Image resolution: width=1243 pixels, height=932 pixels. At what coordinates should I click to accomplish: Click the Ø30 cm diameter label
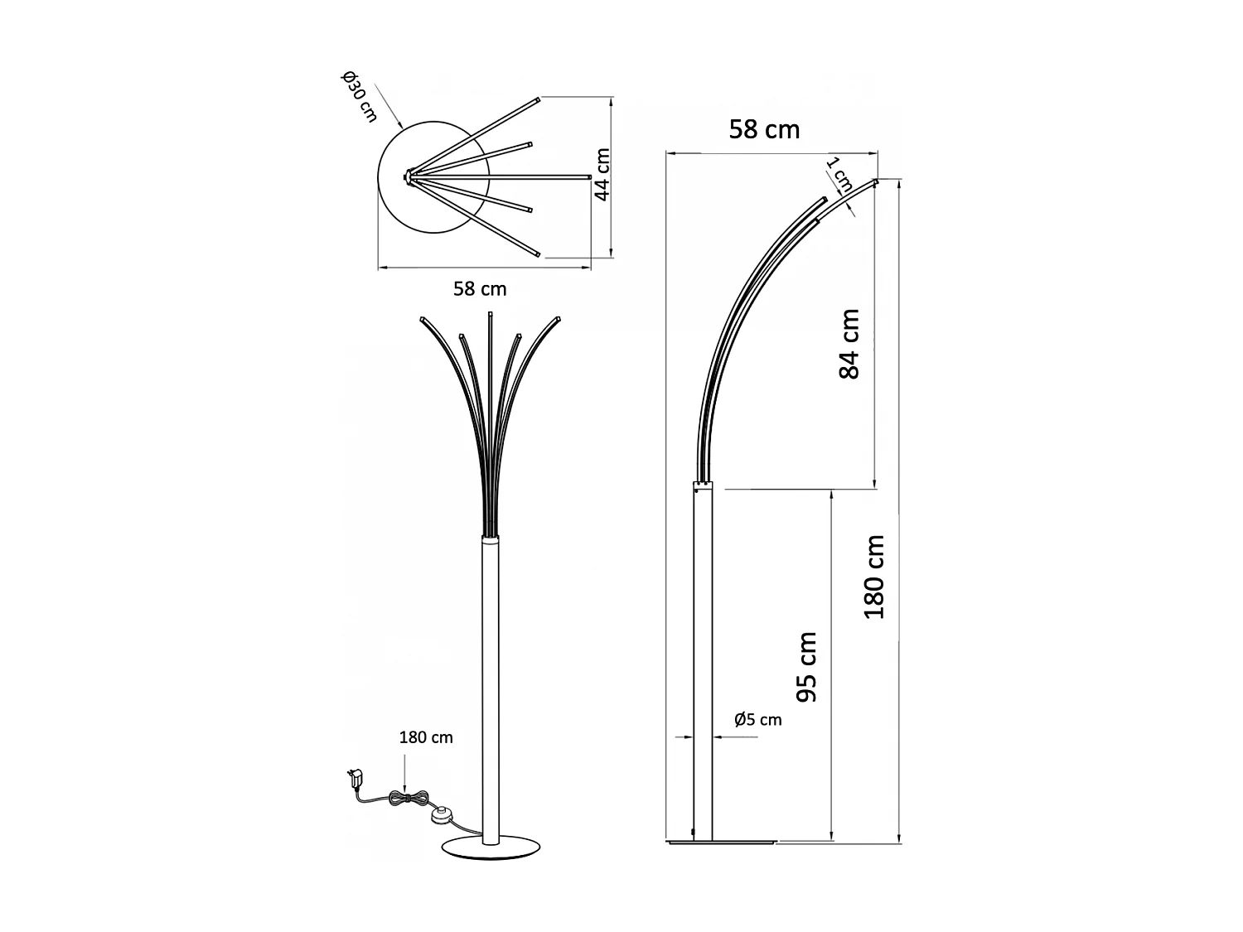(x=358, y=98)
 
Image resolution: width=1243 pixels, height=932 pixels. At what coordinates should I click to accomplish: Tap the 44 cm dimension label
(x=602, y=175)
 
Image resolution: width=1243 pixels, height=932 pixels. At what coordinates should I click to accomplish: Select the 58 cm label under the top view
(x=480, y=289)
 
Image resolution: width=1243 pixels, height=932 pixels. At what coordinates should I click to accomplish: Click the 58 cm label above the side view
(x=764, y=130)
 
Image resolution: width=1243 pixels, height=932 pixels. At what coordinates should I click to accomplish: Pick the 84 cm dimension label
(x=849, y=344)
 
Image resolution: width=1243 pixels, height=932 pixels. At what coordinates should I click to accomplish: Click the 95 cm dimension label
(x=806, y=667)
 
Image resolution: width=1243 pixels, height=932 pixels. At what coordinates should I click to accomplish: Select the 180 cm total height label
(x=874, y=577)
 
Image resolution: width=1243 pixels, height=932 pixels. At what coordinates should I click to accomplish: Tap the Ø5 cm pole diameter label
(x=757, y=719)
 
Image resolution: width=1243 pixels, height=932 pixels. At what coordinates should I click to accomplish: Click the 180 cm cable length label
(x=426, y=737)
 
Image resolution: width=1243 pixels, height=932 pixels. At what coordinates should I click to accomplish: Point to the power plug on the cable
(x=355, y=778)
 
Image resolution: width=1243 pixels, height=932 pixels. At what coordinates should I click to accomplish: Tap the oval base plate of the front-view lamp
(x=491, y=849)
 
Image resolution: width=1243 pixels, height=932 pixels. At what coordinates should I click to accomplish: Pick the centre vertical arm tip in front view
(x=491, y=315)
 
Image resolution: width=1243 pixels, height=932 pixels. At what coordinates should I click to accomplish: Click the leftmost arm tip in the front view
(x=423, y=319)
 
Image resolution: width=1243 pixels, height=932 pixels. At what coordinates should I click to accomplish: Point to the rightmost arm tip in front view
(x=559, y=319)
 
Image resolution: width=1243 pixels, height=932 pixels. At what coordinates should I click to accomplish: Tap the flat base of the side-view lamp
(x=721, y=843)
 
